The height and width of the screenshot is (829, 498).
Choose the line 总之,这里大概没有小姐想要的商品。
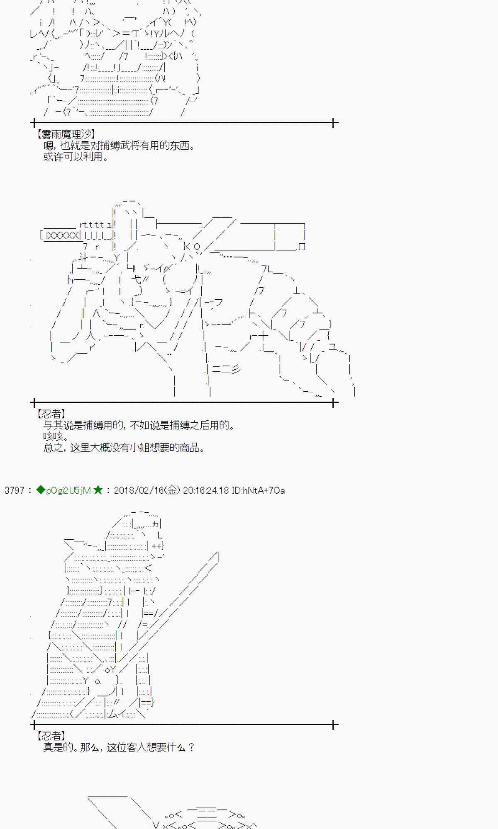tap(124, 448)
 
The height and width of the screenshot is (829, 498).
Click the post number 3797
tap(15, 490)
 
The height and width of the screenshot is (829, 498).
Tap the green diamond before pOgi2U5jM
tap(40, 490)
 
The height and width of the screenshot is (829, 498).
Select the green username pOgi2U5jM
tap(68, 490)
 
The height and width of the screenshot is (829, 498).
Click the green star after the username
tap(98, 490)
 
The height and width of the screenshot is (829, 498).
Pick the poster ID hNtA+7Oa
tap(258, 490)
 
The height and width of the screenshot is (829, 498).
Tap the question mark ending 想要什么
tap(191, 747)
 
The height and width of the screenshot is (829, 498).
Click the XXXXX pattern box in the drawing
tap(62, 235)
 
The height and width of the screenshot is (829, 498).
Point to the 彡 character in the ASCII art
tap(236, 368)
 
